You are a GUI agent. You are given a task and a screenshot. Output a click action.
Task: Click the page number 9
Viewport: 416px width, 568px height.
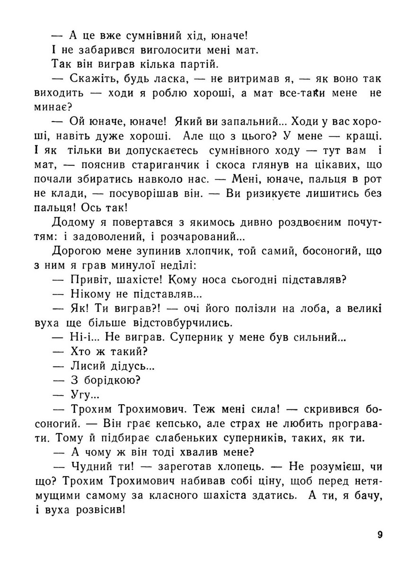point(380,535)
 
